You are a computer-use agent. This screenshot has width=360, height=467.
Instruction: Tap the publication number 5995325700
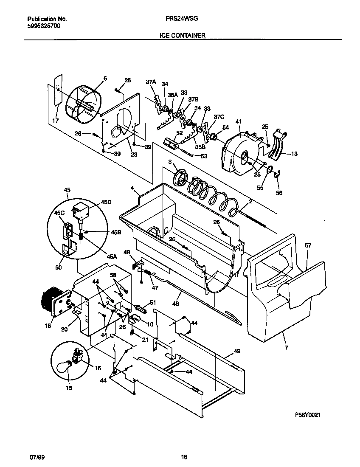44,25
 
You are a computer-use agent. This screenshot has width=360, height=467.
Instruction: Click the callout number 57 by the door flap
308,245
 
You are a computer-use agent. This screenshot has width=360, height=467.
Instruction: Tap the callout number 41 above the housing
238,121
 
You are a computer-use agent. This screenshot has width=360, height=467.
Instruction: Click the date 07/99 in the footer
37,457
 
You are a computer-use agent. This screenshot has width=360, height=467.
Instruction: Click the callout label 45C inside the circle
59,213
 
